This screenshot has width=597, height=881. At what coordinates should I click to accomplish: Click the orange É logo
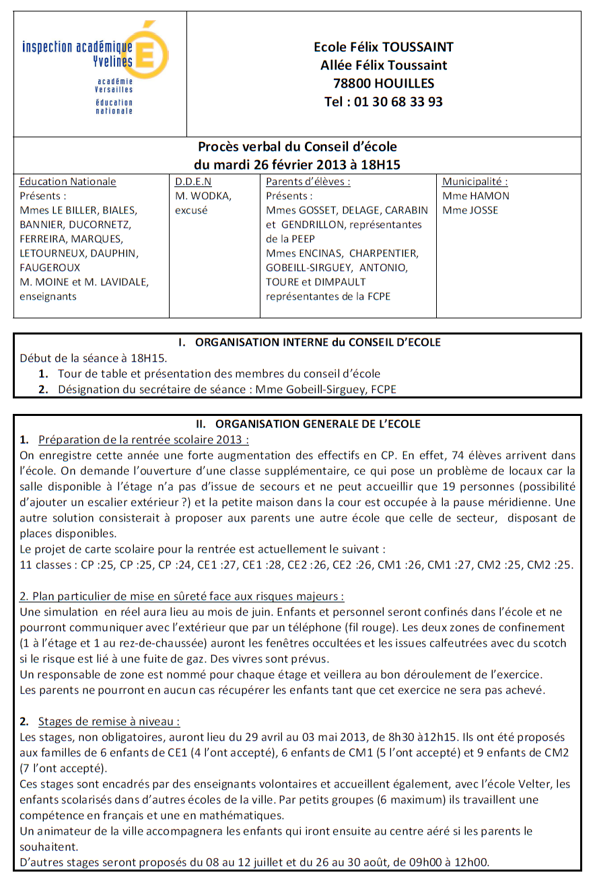coord(152,50)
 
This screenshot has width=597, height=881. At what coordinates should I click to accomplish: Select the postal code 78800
coord(351,83)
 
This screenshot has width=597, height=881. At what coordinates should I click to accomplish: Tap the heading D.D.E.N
coord(193,182)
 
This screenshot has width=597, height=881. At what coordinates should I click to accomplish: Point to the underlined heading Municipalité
coord(475,182)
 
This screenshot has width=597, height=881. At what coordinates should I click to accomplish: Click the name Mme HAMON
coord(476,196)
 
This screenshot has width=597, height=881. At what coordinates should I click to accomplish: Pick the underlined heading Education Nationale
coord(68,182)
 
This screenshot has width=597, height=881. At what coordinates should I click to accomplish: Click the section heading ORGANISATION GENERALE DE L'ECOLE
coord(317,424)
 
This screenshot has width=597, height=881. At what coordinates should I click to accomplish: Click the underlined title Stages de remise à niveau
coord(108,722)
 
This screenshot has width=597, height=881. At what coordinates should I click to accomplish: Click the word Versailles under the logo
coord(114,89)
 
